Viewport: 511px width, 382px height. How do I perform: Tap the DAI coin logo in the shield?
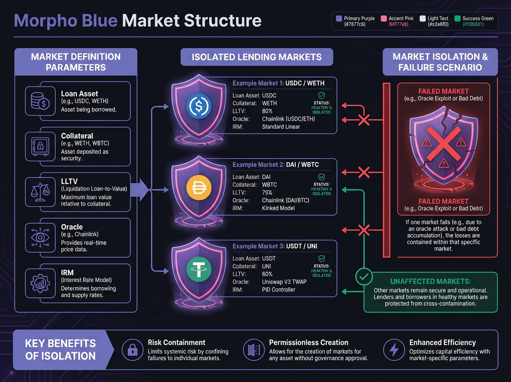[198, 188]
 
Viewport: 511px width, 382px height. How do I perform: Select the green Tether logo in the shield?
[198, 270]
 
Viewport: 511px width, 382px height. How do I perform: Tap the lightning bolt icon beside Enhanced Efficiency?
[392, 350]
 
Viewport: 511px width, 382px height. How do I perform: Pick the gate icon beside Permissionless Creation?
[252, 350]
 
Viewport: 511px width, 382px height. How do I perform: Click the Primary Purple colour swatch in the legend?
[339, 19]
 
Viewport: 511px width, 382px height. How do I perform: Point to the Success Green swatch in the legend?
[458, 19]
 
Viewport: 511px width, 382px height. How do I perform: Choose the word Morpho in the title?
[44, 20]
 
